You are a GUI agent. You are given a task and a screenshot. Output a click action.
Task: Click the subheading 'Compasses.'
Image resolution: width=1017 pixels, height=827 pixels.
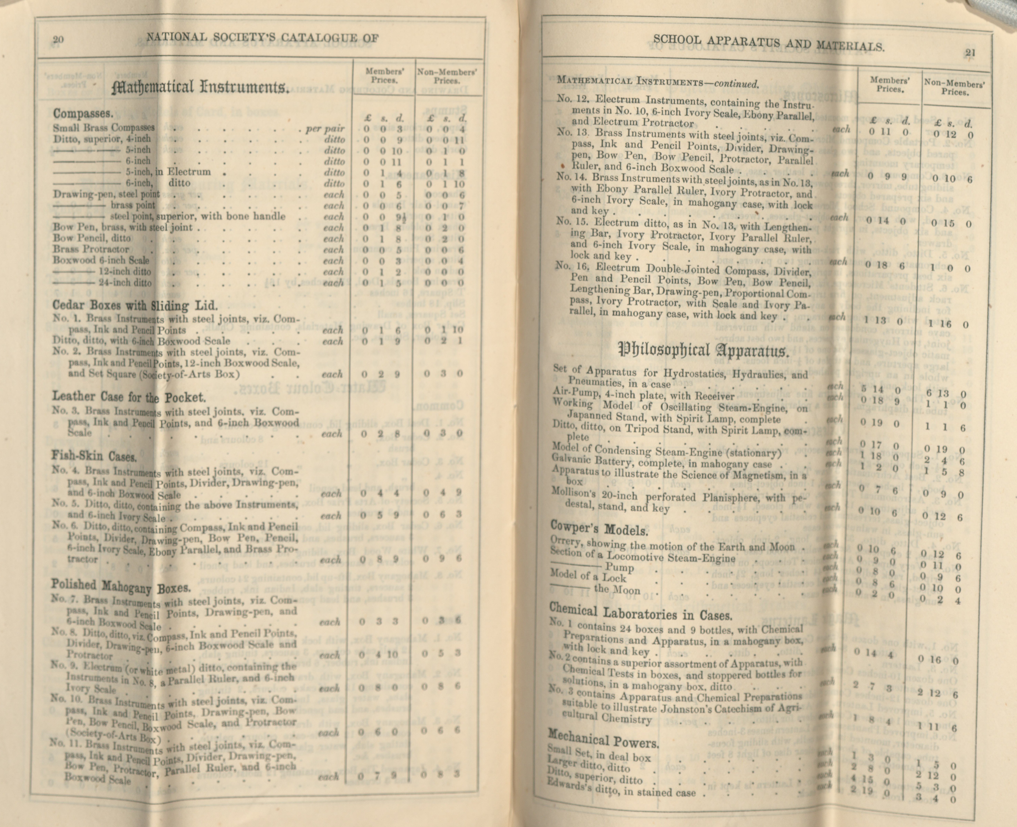(x=83, y=113)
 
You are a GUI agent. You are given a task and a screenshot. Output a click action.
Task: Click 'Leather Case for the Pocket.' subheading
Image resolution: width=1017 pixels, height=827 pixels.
(x=129, y=396)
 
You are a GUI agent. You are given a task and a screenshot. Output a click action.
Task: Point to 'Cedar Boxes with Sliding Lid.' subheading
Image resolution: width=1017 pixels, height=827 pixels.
(x=135, y=305)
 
